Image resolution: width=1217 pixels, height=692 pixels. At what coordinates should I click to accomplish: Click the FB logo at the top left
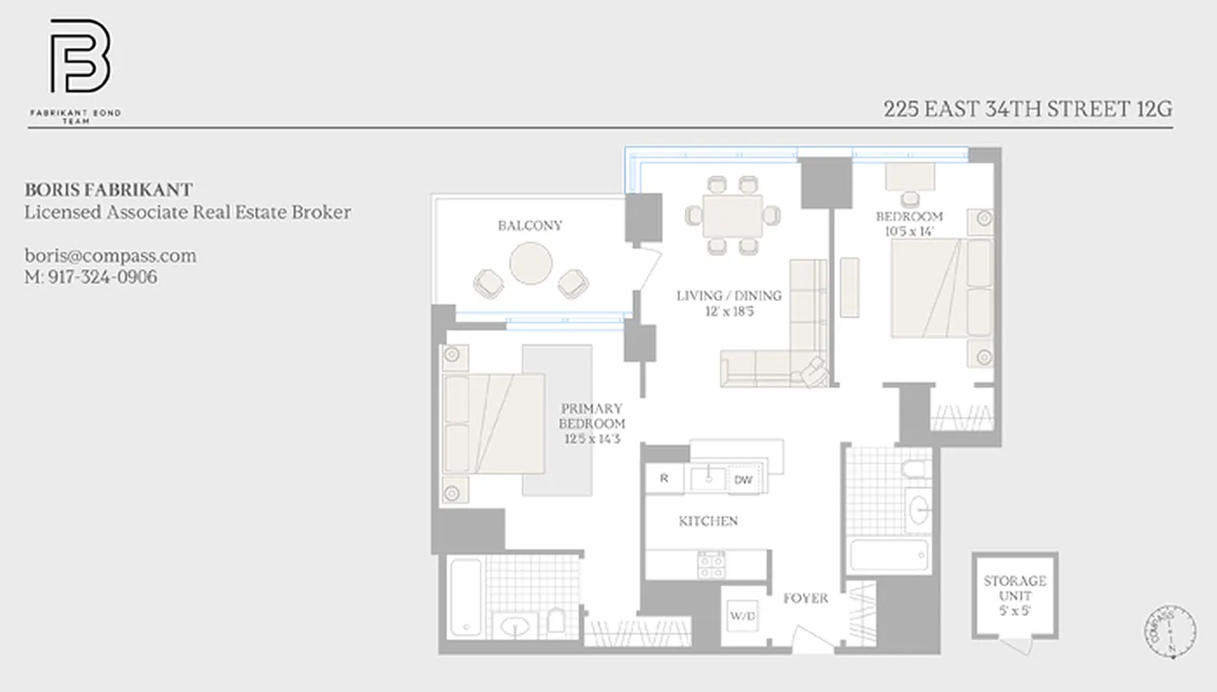point(80,56)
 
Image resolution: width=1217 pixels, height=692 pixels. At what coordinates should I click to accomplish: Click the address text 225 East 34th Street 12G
point(1027,109)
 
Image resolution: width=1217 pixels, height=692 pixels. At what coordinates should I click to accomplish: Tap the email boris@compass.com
point(110,256)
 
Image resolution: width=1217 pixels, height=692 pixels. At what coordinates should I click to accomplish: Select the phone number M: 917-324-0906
point(91,278)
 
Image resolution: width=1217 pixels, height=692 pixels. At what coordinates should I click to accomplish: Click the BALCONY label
point(529,226)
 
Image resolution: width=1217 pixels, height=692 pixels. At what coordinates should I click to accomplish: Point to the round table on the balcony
point(530,263)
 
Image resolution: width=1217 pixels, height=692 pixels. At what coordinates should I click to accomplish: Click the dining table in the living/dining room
point(732,215)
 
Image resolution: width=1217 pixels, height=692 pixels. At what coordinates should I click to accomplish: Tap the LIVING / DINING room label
point(728,296)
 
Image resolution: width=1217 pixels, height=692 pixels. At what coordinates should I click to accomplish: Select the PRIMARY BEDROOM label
point(592,416)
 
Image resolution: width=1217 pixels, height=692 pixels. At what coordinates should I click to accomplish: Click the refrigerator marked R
point(664,477)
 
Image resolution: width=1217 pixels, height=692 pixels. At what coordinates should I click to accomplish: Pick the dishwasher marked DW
point(742,479)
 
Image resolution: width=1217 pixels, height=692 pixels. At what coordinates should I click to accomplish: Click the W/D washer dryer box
point(740,617)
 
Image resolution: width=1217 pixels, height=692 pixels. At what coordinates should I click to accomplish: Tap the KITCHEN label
point(708,522)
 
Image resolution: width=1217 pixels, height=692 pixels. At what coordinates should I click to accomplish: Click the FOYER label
point(805,599)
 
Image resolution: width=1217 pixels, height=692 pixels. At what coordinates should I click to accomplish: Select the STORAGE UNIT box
point(1015,596)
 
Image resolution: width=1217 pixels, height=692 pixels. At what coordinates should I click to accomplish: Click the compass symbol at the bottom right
point(1170,629)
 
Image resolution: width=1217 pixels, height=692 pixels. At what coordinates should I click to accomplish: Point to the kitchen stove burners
point(711,564)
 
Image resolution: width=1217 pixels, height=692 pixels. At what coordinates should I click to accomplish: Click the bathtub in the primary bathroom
point(465,597)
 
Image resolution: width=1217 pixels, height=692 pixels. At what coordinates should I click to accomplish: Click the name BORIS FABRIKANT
point(108,189)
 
